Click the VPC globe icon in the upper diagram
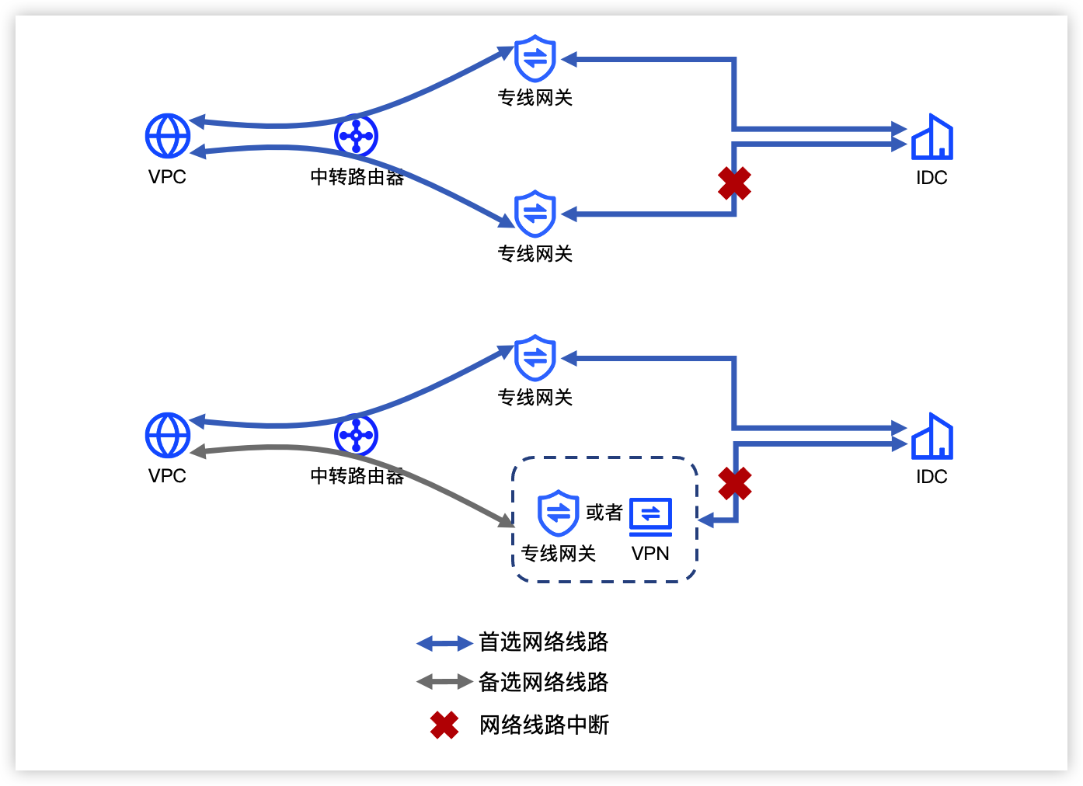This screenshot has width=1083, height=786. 168,136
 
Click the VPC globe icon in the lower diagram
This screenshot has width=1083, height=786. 168,435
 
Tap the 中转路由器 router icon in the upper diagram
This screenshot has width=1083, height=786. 357,136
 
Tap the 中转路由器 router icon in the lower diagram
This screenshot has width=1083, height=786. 357,435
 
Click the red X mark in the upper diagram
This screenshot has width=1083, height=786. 734,183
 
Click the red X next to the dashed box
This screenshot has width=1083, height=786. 735,483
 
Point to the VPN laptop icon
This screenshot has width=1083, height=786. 650,516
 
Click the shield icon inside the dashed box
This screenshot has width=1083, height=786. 559,513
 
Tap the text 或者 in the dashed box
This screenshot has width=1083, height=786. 604,512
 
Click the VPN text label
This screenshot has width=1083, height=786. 650,554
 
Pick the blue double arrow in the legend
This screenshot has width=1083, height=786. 444,643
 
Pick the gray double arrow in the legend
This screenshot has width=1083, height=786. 444,682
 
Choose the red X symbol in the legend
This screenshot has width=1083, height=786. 444,725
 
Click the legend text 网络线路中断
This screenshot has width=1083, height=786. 544,725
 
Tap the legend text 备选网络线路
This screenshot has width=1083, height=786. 543,682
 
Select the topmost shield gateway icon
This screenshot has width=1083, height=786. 535,58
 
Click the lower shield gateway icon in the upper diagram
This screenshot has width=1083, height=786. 535,214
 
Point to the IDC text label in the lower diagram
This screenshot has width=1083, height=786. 932,477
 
